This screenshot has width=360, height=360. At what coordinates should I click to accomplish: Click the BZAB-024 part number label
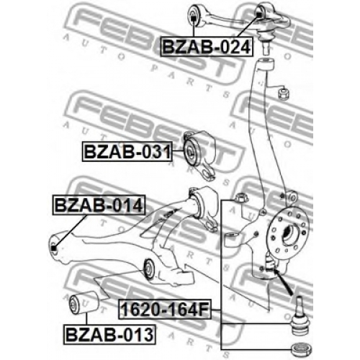207,47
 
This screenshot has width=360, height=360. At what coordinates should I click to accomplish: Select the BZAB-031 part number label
127,152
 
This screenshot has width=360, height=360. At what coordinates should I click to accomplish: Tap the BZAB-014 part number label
99,205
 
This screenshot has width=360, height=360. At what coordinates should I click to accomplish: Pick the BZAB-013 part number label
109,335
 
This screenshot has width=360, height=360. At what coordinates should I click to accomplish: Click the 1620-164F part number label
165,309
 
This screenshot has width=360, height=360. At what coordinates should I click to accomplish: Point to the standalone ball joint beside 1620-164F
300,316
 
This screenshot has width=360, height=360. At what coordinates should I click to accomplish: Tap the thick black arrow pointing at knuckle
283,282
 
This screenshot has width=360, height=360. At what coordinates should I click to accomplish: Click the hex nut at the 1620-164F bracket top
240,198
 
